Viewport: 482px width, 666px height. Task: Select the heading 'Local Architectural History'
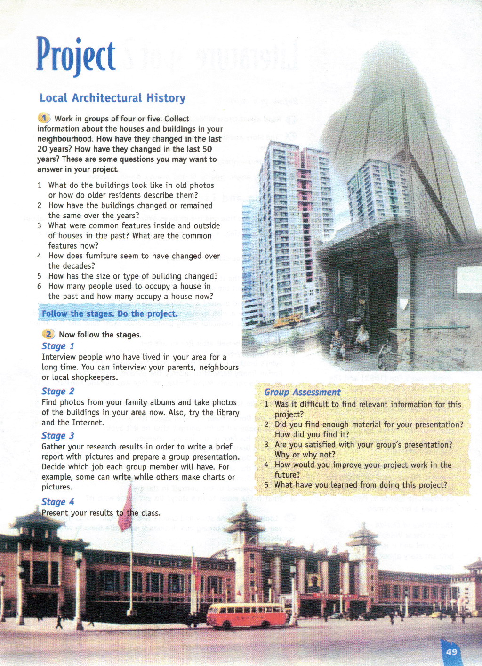pyautogui.click(x=112, y=98)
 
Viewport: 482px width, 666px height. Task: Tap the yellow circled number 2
pyautogui.click(x=48, y=334)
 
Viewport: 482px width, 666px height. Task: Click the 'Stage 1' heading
pyautogui.click(x=58, y=346)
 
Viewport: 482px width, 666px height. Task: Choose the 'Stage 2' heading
pyautogui.click(x=58, y=391)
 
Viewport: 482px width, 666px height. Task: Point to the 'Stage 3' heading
pyautogui.click(x=58, y=436)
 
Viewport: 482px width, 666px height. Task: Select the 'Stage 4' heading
pyautogui.click(x=58, y=502)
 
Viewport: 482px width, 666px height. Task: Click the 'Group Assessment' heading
pyautogui.click(x=302, y=392)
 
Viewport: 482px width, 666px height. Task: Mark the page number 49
pyautogui.click(x=451, y=652)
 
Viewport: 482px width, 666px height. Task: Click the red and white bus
pyautogui.click(x=246, y=615)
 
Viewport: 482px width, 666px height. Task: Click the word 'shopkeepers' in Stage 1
pyautogui.click(x=96, y=377)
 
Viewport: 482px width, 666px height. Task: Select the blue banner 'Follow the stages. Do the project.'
pyautogui.click(x=110, y=313)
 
